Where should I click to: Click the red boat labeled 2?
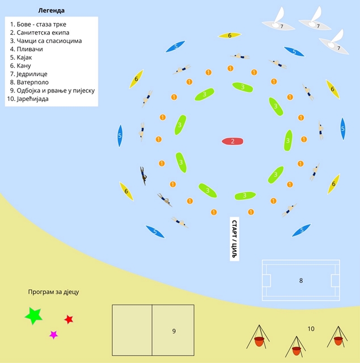(232, 141)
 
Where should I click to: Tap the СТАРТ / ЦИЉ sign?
(234, 239)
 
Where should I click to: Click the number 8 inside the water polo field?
(301, 281)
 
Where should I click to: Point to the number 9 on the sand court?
(174, 331)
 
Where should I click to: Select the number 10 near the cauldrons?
(311, 329)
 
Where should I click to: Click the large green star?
(34, 315)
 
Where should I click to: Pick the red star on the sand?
(69, 319)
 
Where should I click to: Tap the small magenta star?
(53, 335)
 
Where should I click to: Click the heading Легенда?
(52, 11)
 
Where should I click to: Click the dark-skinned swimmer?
(143, 176)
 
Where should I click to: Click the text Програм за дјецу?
(53, 292)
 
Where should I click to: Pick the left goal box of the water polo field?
(266, 281)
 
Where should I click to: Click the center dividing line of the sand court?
(152, 330)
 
